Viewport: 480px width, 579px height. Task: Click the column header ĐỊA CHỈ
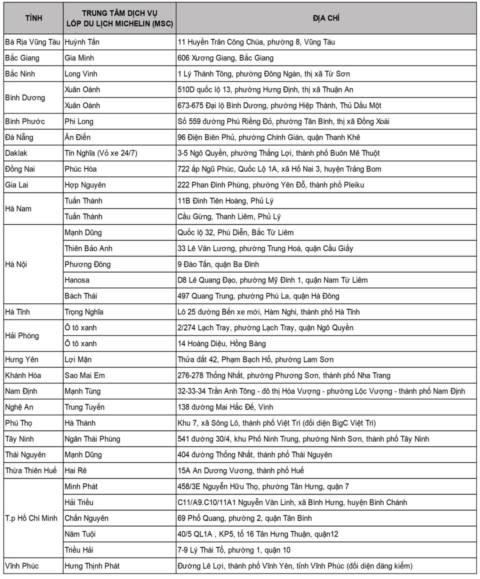(326, 18)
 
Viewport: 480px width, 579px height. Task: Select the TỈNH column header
(33, 18)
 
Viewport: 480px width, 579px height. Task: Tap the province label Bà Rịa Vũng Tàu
(32, 42)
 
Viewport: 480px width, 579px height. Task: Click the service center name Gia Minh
(79, 58)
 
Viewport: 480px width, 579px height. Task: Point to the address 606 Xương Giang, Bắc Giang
(225, 58)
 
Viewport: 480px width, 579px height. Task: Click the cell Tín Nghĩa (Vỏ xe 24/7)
(100, 153)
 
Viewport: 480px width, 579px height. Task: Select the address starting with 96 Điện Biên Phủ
(268, 137)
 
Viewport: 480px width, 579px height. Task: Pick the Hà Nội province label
(16, 264)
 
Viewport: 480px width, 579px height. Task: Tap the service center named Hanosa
(77, 280)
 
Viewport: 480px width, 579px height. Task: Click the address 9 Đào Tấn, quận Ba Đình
(218, 264)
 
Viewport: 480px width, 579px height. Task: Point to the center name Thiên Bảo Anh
(88, 248)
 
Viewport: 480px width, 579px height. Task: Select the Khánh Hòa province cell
(23, 375)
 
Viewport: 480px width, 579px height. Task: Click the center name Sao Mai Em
(84, 375)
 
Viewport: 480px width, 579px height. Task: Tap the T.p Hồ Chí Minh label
(31, 518)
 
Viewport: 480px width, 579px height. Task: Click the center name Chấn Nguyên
(86, 518)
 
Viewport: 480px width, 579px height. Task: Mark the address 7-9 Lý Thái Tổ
(233, 550)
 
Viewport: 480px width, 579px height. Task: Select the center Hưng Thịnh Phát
(92, 566)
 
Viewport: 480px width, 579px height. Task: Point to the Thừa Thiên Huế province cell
(31, 471)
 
